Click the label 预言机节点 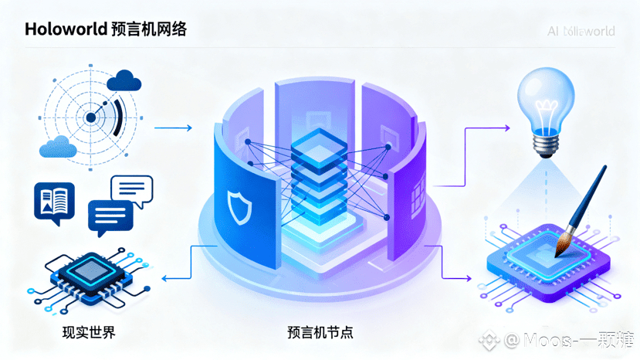point(320,334)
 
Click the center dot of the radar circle point(90,117)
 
